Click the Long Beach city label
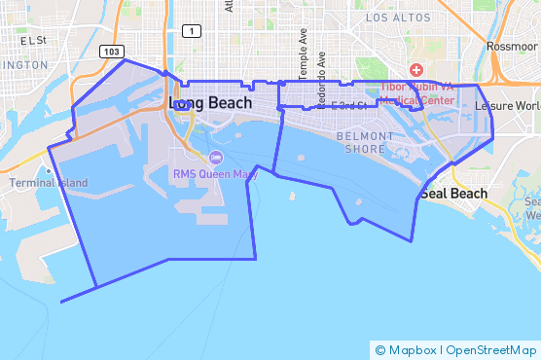[210, 102]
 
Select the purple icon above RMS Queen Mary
[216, 158]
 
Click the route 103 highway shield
[112, 51]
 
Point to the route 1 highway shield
[194, 32]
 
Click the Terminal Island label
[48, 183]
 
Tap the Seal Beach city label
[453, 194]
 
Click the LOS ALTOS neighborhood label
[397, 18]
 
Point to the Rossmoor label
[512, 46]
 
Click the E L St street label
[32, 40]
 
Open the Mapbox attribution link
[412, 349]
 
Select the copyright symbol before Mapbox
[380, 349]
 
